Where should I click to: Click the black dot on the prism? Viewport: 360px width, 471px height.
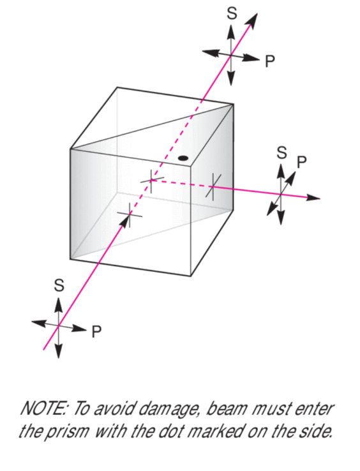coord(183,158)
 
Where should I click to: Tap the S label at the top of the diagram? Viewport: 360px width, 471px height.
coord(232,13)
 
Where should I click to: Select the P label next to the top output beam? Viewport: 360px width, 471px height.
coord(270,61)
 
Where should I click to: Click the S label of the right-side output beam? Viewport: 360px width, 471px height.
coord(281,153)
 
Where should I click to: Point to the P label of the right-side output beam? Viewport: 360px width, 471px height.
coord(302,162)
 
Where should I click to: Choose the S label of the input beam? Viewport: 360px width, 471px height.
coord(59,285)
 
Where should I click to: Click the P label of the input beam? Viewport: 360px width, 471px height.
coord(96,332)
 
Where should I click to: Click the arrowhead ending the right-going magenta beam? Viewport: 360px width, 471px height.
coord(313,197)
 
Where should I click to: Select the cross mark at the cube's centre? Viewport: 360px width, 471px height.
coord(151,180)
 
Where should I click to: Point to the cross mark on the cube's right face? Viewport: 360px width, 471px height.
coord(213,186)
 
